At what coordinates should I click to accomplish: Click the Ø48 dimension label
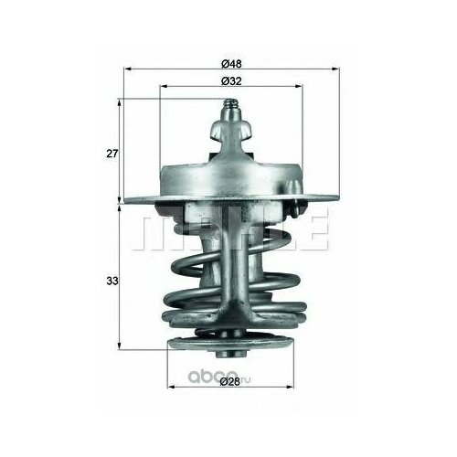pos(231,63)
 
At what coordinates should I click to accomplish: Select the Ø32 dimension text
pos(231,81)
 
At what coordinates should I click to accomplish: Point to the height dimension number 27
pos(111,153)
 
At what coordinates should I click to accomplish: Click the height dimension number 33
pos(111,282)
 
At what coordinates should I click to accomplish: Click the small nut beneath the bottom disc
pos(230,357)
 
